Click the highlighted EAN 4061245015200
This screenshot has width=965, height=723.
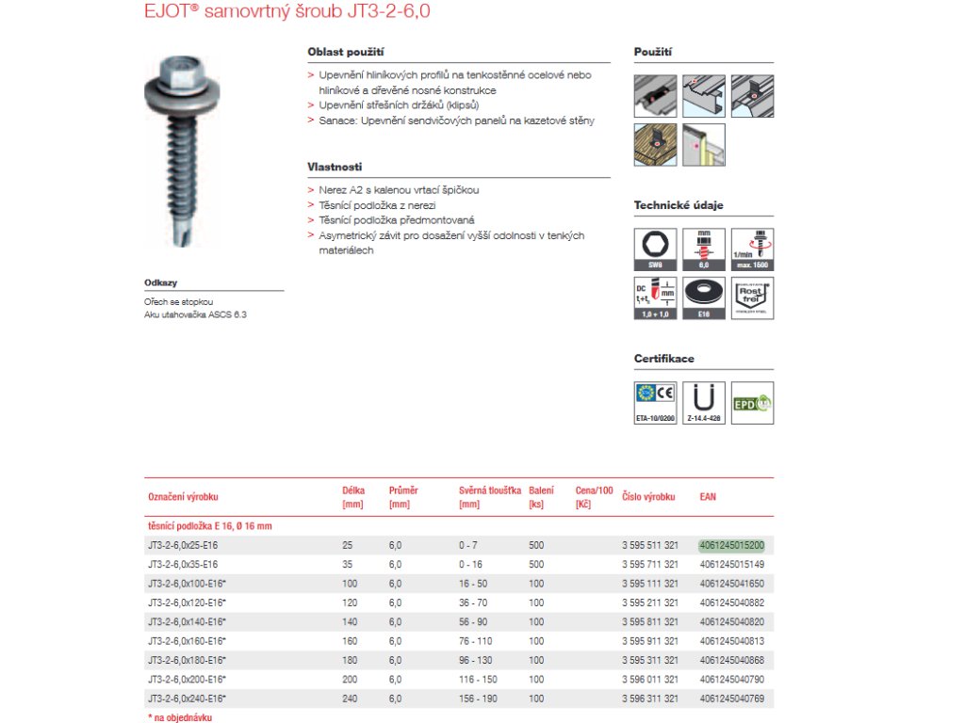tap(731, 545)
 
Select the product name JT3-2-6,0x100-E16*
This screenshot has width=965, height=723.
tap(187, 584)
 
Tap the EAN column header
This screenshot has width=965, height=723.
tap(708, 496)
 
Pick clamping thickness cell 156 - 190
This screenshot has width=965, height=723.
tap(478, 699)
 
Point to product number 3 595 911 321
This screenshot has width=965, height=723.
tap(650, 641)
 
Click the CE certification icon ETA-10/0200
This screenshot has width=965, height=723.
tap(655, 402)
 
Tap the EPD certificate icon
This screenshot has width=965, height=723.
tap(752, 402)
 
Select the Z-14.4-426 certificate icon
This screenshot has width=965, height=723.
tap(703, 402)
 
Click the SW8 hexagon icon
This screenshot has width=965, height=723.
tap(655, 249)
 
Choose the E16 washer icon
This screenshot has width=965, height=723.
tap(703, 297)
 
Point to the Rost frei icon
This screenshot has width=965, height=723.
tap(752, 297)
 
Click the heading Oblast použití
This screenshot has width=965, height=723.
tap(346, 53)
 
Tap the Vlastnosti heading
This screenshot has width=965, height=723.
tap(335, 167)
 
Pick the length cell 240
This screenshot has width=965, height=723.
tap(349, 699)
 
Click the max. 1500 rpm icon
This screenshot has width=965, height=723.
tap(752, 249)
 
